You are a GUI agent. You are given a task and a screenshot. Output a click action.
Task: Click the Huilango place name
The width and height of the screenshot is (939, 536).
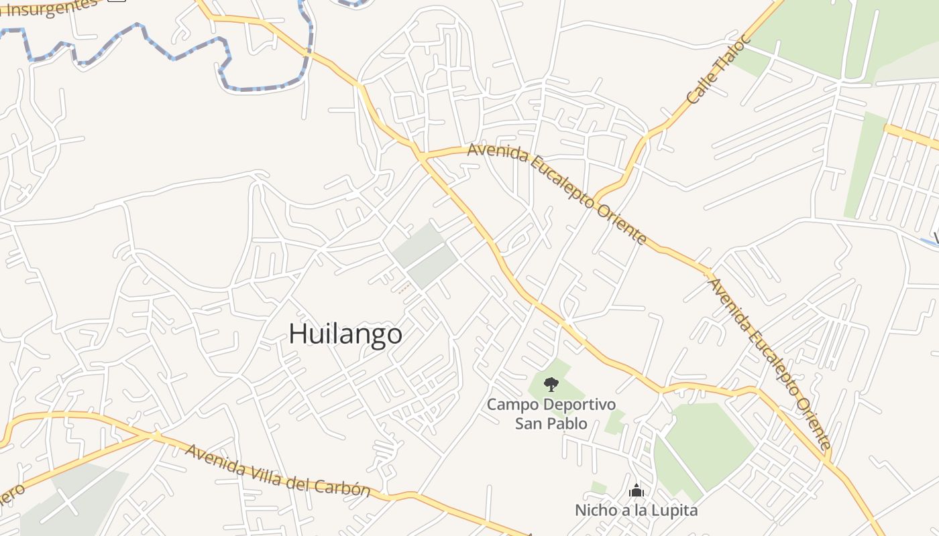pos(345,334)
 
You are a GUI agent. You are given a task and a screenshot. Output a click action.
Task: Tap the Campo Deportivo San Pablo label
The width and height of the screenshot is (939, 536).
pos(551,413)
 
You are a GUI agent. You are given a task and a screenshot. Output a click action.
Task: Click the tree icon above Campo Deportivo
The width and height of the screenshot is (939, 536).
pos(551,384)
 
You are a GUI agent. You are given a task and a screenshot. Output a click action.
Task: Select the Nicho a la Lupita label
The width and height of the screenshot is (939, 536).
pos(636,511)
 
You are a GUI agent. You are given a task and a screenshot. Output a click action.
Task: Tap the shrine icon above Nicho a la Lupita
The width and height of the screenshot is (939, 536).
pos(636,491)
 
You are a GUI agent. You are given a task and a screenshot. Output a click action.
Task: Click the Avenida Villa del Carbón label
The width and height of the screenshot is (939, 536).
pos(278,470)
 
